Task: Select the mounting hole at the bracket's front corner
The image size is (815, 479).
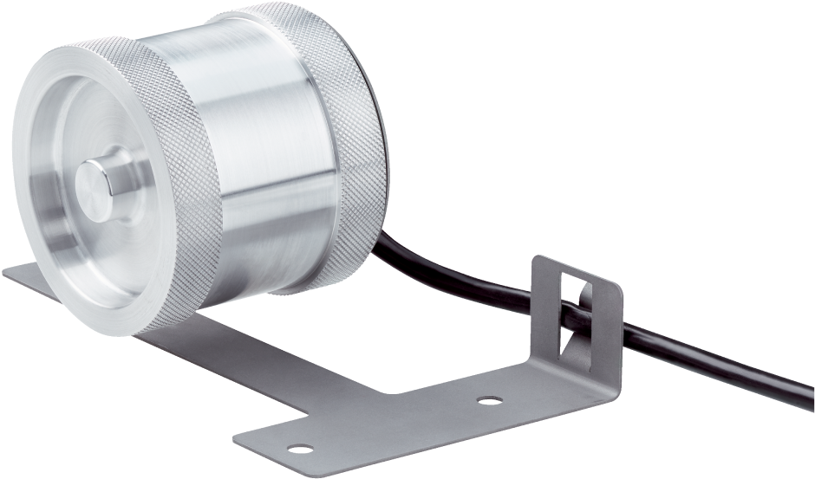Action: (x=302, y=449)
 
